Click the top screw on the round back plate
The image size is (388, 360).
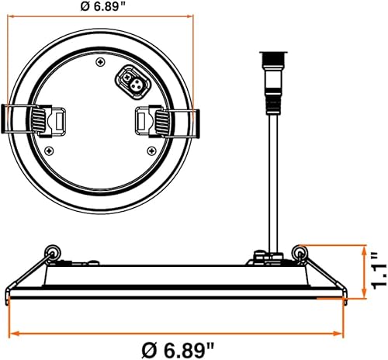[x=101, y=61]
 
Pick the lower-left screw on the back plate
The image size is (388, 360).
[x=50, y=149]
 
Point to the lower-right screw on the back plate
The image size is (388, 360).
[x=150, y=149]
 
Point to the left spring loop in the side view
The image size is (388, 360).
[x=51, y=249]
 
